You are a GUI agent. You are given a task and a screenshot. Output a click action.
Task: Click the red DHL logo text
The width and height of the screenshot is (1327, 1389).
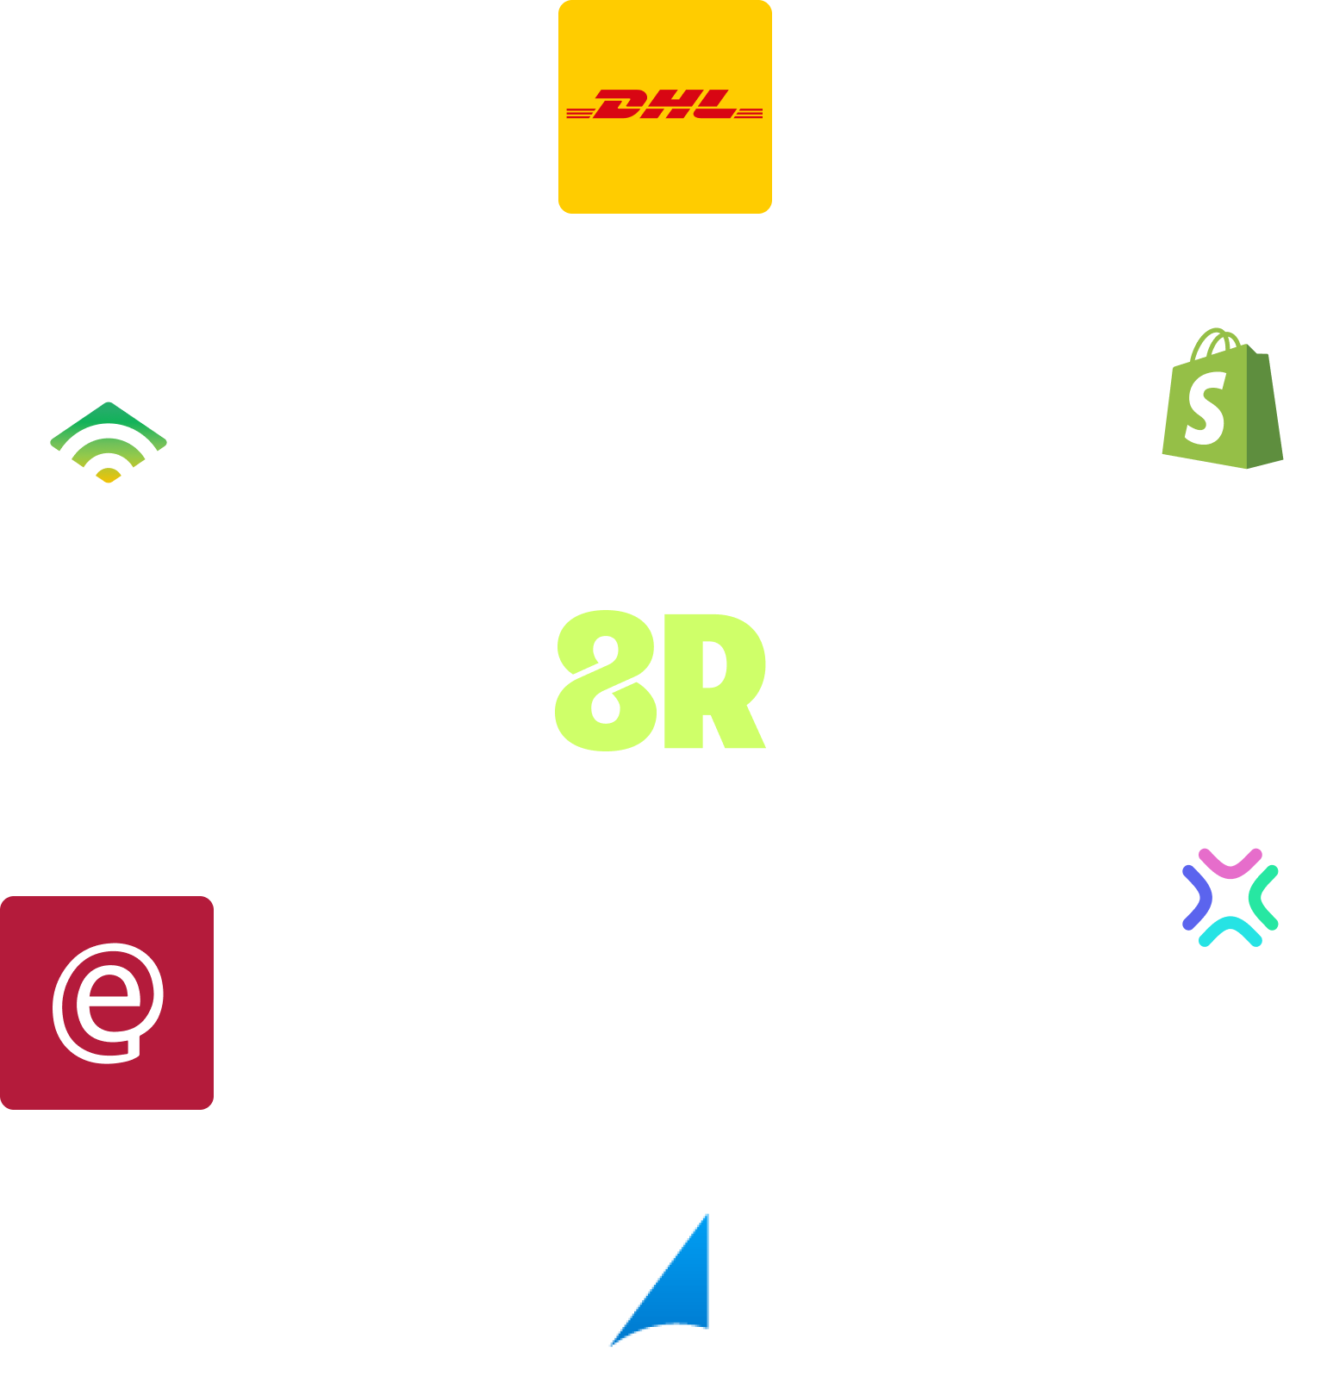[x=664, y=105]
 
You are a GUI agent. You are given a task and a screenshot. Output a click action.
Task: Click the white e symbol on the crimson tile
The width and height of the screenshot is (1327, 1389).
[x=108, y=1002]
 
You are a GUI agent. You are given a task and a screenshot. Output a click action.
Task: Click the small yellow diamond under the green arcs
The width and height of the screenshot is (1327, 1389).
[x=108, y=475]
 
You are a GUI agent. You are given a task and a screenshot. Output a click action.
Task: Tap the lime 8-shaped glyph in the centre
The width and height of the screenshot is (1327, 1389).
[x=605, y=681]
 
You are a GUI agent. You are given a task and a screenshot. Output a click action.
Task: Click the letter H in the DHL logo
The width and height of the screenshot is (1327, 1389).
[x=669, y=105]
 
